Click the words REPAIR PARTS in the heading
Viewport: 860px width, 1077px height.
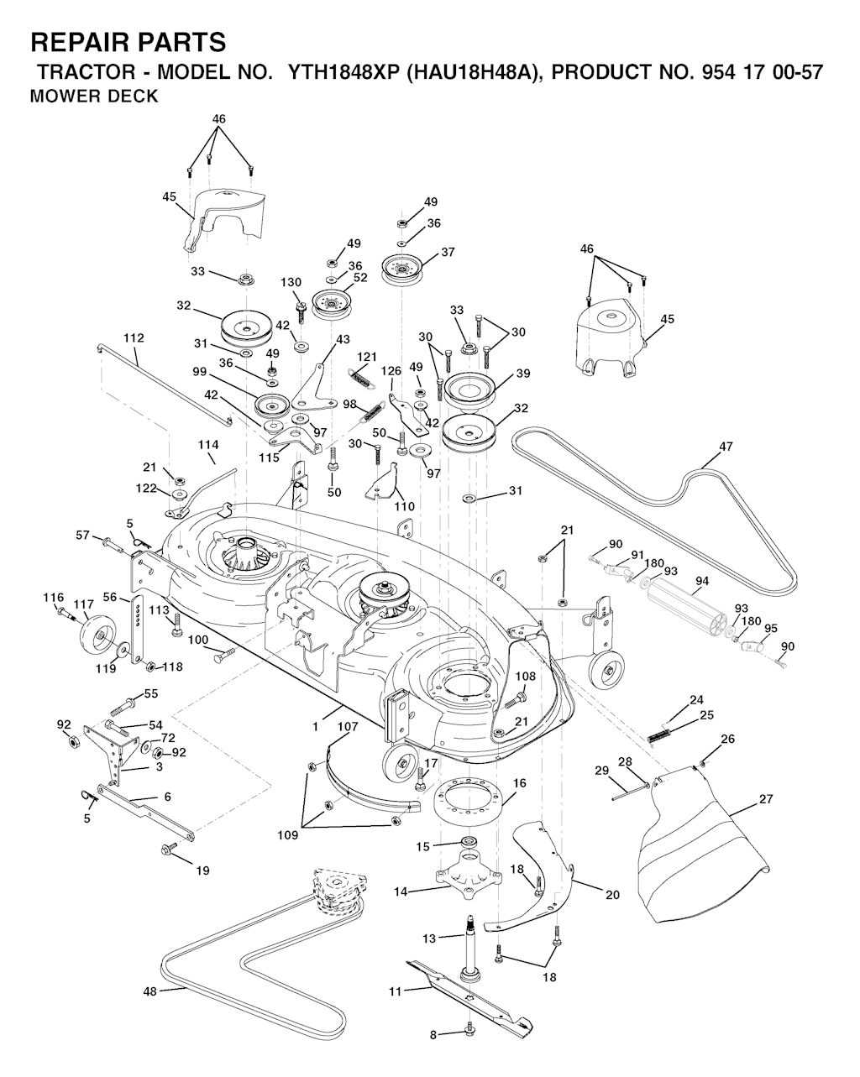point(128,42)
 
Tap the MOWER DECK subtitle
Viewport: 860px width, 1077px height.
point(93,97)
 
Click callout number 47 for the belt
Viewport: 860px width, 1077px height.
point(726,447)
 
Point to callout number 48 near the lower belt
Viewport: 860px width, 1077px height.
point(150,991)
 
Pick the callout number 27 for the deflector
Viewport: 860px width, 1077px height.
point(765,799)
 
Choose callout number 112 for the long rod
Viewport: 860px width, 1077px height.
point(133,338)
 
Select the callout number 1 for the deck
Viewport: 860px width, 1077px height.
point(316,725)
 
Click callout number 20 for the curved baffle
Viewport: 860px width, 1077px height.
point(612,895)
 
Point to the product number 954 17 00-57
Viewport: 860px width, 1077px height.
point(755,72)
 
